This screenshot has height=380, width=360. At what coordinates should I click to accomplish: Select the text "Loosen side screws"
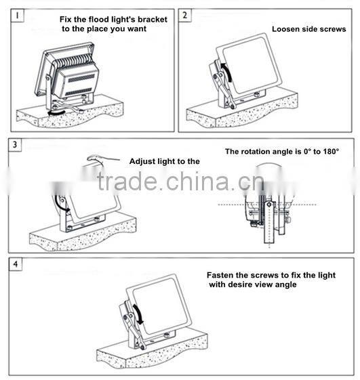coord(308,29)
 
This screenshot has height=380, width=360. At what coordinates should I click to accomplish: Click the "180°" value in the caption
coord(326,151)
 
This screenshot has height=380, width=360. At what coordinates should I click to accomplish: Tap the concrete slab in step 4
coord(149,352)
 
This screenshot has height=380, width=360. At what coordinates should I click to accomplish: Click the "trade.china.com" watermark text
coord(180,183)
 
